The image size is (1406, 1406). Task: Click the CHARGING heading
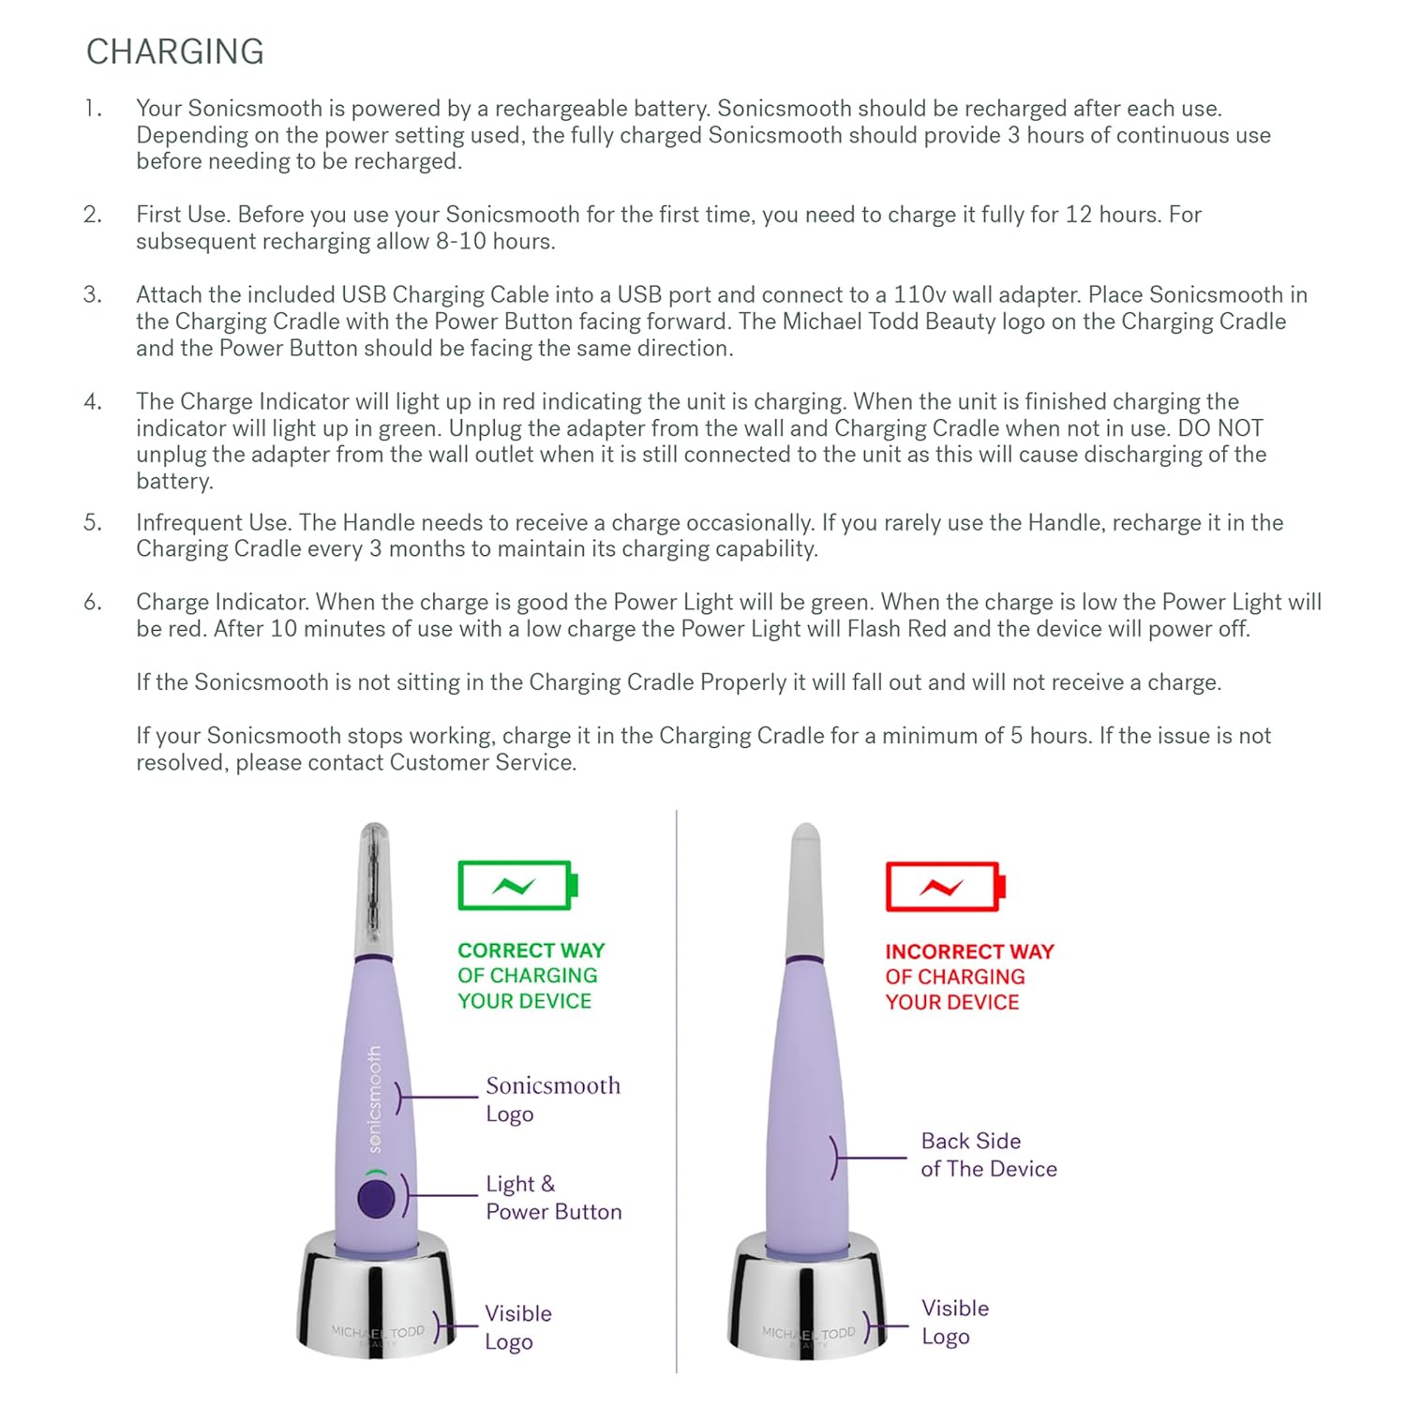175,52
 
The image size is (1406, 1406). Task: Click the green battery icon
517,886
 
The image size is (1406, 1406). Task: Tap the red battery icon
945,887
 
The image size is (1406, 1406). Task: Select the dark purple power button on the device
376,1199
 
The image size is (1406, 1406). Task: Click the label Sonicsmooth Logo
552,1099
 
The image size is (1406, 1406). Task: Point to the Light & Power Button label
553,1198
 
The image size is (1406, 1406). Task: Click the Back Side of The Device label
988,1155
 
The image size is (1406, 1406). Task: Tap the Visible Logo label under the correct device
517,1327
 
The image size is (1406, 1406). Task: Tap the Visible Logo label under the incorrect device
954,1322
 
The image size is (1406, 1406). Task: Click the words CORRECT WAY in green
531,950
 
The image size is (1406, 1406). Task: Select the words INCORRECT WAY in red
969,951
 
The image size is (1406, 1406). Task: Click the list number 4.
92,402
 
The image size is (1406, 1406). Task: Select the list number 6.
92,602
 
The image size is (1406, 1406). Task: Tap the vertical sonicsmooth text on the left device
375,1099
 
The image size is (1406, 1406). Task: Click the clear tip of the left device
374,881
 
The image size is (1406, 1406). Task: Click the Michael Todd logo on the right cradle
808,1333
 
